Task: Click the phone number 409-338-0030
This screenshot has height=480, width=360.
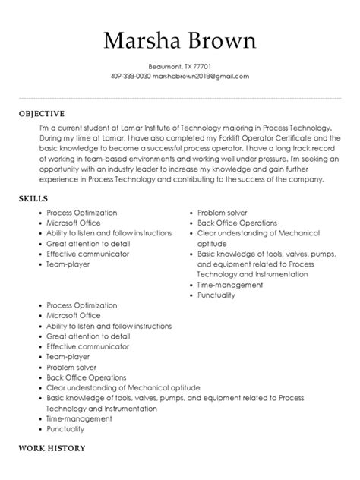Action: pyautogui.click(x=131, y=76)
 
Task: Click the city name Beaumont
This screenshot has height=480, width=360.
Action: pyautogui.click(x=164, y=66)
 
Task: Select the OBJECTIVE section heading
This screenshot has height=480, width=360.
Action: pyautogui.click(x=43, y=113)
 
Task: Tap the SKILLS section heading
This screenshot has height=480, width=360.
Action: pyautogui.click(x=33, y=197)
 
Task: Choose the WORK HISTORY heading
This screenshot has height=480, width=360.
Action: pyautogui.click(x=52, y=448)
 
